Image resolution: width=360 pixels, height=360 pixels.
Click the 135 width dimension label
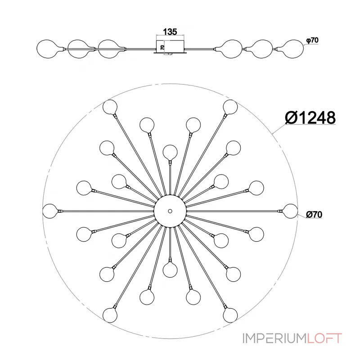170,31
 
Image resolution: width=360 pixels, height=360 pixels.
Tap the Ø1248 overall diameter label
310,117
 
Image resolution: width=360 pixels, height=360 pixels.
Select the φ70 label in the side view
312,40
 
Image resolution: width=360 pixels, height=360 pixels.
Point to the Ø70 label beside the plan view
314,215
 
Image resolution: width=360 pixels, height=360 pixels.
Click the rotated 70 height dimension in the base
162,48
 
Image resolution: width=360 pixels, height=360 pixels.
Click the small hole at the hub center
170,211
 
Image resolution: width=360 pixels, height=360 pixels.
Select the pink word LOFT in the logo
324,338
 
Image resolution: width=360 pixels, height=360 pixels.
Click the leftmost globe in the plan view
50,211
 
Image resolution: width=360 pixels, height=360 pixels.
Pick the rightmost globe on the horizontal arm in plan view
290,211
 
